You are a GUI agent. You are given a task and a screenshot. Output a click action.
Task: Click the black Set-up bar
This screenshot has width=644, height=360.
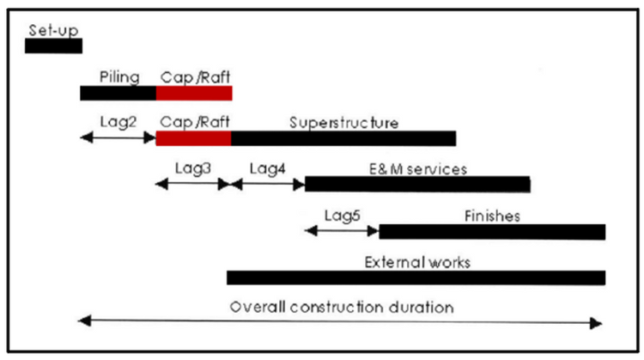click(53, 46)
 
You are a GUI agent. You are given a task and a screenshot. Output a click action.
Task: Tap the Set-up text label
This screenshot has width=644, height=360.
click(53, 31)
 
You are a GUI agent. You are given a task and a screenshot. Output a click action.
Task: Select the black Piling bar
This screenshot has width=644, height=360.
click(118, 93)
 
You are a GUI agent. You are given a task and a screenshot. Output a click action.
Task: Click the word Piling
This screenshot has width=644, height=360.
click(119, 77)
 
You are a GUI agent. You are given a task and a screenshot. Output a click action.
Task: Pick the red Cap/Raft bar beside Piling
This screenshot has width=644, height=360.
click(194, 93)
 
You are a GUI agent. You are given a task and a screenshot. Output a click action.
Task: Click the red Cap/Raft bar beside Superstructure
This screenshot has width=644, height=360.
click(194, 137)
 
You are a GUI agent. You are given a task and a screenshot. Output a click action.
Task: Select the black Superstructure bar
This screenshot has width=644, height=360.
click(343, 137)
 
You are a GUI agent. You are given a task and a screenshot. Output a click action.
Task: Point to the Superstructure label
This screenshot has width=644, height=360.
click(343, 122)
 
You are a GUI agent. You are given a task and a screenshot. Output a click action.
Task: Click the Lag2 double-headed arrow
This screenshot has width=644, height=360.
click(118, 137)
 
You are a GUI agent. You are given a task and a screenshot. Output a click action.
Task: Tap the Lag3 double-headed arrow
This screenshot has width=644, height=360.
click(193, 183)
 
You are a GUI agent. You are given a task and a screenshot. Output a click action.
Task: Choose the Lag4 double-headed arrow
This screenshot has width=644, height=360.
click(268, 183)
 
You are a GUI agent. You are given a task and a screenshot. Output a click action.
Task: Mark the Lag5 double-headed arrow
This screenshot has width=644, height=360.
click(342, 229)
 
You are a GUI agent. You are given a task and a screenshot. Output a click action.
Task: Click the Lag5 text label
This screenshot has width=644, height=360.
click(342, 214)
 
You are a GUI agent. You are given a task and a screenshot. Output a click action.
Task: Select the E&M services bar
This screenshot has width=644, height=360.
click(417, 184)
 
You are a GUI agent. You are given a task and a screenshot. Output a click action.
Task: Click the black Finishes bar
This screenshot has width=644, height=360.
click(492, 231)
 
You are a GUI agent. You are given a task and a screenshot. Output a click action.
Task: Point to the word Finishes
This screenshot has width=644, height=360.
click(492, 216)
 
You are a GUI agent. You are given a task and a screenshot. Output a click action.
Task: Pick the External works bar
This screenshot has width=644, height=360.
click(416, 277)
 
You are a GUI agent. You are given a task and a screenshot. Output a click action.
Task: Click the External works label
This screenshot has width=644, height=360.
click(417, 261)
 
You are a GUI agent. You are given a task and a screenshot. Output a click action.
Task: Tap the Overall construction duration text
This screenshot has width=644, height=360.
click(341, 307)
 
